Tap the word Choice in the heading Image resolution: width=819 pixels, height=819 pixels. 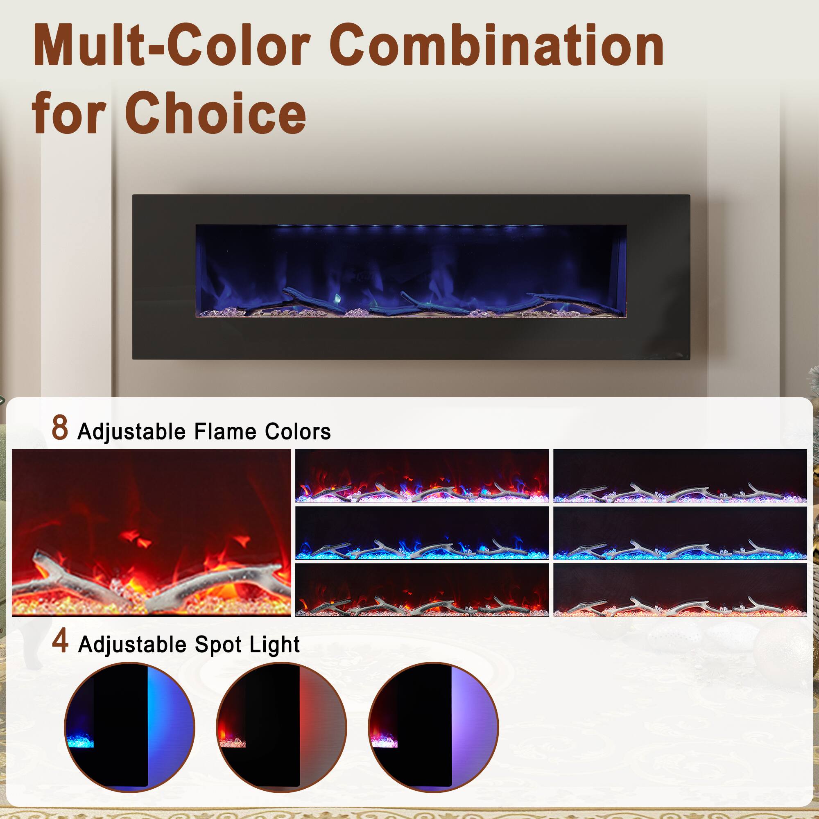point(215,111)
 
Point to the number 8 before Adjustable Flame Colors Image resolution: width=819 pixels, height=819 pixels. point(60,428)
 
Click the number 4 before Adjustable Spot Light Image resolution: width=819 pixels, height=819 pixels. point(60,642)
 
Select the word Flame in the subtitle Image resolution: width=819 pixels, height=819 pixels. point(225,432)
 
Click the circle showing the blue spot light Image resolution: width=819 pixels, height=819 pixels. point(129,726)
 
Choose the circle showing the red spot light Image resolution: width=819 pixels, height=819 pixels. point(281,726)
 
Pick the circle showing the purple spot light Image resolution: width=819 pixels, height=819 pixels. point(433,726)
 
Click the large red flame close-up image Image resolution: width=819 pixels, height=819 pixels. point(152,532)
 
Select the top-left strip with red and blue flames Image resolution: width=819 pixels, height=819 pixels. point(422,475)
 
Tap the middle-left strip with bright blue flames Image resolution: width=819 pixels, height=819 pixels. point(422,533)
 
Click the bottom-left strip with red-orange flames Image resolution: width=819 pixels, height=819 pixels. point(422,589)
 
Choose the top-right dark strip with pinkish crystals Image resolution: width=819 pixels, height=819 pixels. point(680,475)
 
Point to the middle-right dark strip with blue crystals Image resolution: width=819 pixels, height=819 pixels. point(680,533)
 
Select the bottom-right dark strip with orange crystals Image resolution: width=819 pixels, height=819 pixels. point(680,589)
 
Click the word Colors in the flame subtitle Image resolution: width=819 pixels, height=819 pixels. point(298,432)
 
